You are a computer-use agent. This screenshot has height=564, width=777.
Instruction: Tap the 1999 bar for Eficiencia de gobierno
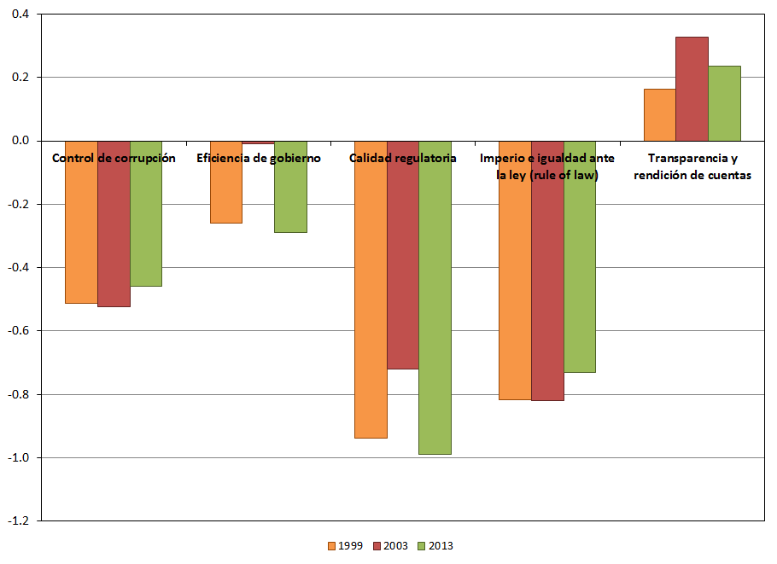(x=225, y=196)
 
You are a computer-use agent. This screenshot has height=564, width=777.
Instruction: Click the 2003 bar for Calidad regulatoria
(x=403, y=273)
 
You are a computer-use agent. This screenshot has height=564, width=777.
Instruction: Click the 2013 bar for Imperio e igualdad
(x=580, y=273)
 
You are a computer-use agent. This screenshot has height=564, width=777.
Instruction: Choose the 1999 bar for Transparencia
(x=659, y=114)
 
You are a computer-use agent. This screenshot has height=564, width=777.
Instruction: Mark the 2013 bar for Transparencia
(x=724, y=103)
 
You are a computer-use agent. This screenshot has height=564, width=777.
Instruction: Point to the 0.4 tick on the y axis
(x=18, y=15)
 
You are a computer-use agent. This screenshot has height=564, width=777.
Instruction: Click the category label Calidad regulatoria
(x=403, y=158)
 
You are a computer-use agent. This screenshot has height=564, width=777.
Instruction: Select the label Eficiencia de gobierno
(x=259, y=158)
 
